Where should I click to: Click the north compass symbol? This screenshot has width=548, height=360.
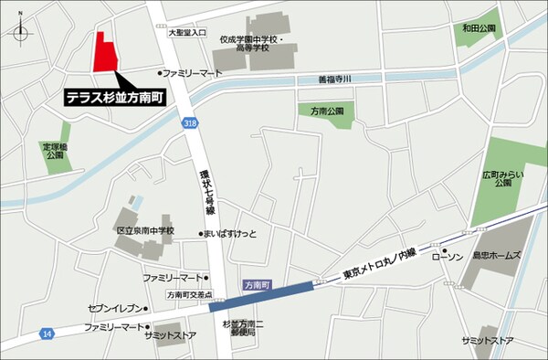tap(21, 29)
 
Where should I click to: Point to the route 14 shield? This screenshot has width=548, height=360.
tap(46, 335)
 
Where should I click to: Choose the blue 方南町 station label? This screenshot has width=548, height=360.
tap(256, 286)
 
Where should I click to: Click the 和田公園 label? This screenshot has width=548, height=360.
tap(479, 29)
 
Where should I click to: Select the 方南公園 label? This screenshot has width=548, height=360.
tap(325, 111)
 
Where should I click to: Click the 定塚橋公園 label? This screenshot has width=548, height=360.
tap(54, 150)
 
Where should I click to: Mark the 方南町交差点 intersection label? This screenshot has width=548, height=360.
tap(190, 295)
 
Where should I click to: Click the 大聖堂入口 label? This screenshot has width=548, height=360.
tap(189, 32)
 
